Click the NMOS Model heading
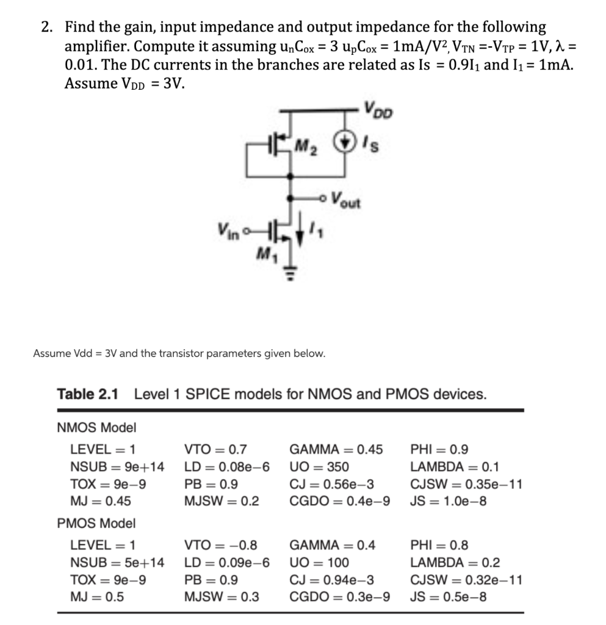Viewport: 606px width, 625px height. [x=96, y=428]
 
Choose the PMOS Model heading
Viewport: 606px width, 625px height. [x=96, y=523]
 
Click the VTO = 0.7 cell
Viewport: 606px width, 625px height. [x=215, y=450]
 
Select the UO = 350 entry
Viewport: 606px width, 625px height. [x=319, y=467]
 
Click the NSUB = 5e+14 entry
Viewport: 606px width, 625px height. [x=117, y=562]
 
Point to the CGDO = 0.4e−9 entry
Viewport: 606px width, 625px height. [x=339, y=501]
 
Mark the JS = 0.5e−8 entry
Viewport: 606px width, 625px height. [x=449, y=596]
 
